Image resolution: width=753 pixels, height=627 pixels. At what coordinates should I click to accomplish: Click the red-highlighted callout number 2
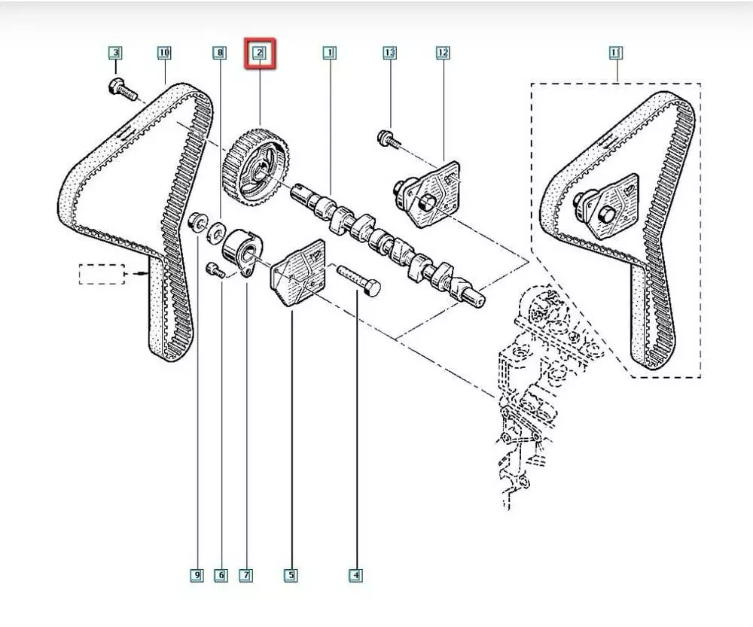coord(259,53)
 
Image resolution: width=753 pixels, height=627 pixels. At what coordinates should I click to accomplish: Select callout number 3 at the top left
coord(114,53)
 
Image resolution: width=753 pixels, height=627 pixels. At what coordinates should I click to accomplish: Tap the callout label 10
coord(164,53)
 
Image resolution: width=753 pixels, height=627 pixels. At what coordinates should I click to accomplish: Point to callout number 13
coord(389,53)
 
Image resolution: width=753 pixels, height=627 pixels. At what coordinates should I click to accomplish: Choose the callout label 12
coord(442,53)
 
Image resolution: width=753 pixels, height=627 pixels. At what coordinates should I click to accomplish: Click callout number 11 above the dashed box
coord(615,53)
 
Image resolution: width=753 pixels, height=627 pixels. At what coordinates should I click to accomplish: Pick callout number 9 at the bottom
coord(196,576)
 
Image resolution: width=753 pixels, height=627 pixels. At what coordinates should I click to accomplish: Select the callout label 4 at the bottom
coord(355,576)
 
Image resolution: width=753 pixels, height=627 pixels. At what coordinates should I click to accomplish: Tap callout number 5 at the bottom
coord(291,576)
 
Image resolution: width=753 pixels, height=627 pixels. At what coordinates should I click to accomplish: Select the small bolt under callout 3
coord(123,90)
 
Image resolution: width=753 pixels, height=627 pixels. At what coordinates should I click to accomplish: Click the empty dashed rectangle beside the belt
coord(102,274)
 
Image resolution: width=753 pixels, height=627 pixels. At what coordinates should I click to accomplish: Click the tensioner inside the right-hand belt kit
coord(606,208)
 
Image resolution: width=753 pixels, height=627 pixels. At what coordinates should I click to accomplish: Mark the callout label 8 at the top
coord(219,53)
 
